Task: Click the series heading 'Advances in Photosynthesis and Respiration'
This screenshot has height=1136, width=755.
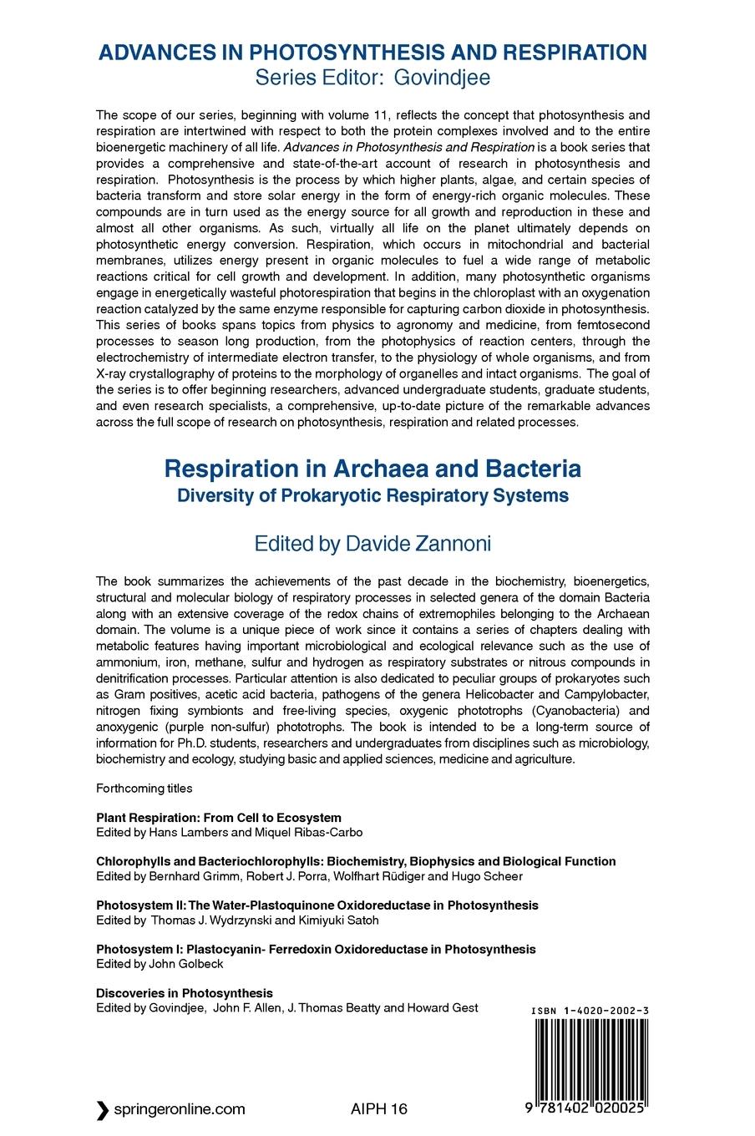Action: (x=372, y=53)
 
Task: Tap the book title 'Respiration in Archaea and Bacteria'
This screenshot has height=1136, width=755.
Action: (x=372, y=469)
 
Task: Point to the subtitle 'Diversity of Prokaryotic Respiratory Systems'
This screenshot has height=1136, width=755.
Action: (x=372, y=495)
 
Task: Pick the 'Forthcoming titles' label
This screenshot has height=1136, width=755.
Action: (x=144, y=788)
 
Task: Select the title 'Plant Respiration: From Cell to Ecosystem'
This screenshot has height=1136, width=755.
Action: (x=219, y=818)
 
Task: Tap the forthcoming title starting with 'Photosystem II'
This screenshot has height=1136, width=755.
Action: (x=317, y=905)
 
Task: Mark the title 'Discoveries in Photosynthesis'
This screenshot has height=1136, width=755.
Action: (x=185, y=992)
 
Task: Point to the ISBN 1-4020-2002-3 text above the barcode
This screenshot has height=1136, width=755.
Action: (x=590, y=1011)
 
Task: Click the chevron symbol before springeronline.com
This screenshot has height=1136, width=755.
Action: (x=102, y=1109)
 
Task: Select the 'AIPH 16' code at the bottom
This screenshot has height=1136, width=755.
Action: (x=379, y=1109)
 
